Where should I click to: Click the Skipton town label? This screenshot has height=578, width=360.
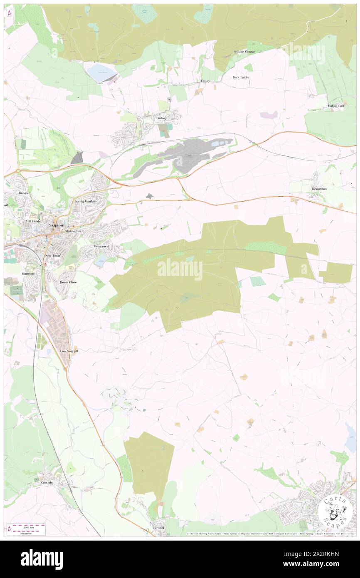[x=56, y=225]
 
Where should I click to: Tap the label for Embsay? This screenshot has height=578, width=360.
[x=161, y=118]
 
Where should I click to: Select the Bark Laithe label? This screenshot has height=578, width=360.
[x=241, y=77]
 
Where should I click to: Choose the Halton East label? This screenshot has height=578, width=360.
[x=336, y=106]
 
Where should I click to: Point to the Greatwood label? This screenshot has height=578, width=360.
[x=101, y=246]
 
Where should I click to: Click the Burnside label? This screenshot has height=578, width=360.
[x=29, y=274]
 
